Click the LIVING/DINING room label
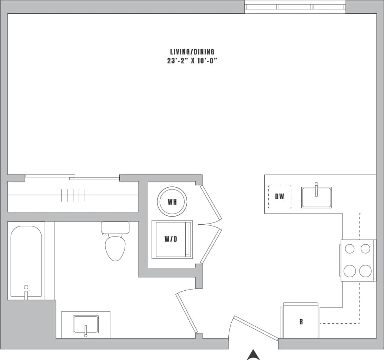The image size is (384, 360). pos(192,52)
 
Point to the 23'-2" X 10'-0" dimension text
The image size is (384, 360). pos(192,61)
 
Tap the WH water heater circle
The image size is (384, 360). pos(172,202)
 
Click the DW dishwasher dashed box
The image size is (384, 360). pos(279,196)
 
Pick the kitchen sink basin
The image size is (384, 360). pos(316,198)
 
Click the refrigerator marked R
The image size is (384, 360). pos(301,321)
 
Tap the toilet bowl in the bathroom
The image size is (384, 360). pos(115,248)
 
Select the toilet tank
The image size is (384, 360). pos(115,227)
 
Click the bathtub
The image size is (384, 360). pos(26,260)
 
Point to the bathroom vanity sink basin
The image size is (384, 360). pos(86,324)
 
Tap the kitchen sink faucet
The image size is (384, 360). pos(316,189)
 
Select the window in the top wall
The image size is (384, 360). pos(295,7)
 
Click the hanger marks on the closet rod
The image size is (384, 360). pos(73,195)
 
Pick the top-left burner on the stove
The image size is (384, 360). pos(350,248)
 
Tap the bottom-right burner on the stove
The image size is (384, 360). pos(365,271)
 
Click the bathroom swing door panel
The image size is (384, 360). pos(187,313)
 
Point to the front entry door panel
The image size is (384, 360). pos(255,327)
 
